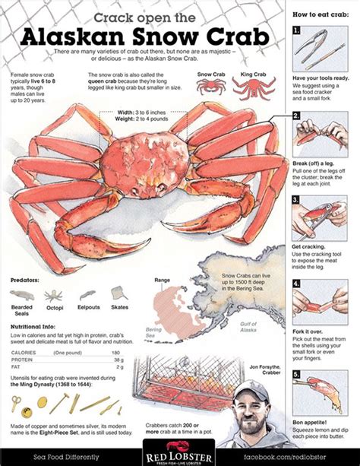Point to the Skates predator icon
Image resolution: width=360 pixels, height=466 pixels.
click(x=118, y=293)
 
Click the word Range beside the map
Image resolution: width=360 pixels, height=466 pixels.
click(x=163, y=281)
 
